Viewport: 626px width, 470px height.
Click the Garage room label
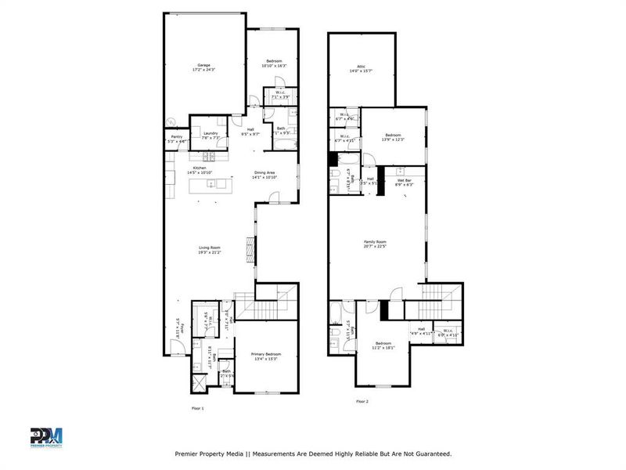tap(203, 65)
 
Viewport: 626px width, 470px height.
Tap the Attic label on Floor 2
tap(361, 67)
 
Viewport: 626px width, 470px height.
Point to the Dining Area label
tap(265, 172)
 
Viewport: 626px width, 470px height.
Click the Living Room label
tap(209, 248)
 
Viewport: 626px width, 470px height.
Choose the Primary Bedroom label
tap(265, 354)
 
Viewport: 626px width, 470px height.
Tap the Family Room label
tap(376, 242)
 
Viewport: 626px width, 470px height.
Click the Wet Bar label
tap(405, 179)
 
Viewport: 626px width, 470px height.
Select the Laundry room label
tap(210, 133)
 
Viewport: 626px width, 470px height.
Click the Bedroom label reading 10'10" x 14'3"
tap(273, 61)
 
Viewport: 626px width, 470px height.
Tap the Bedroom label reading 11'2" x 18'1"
tap(383, 343)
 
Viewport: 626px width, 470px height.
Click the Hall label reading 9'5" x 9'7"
tap(250, 129)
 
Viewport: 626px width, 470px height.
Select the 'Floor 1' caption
tap(197, 408)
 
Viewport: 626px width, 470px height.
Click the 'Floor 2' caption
tap(362, 401)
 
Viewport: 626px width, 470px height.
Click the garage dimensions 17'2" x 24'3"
tap(203, 70)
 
